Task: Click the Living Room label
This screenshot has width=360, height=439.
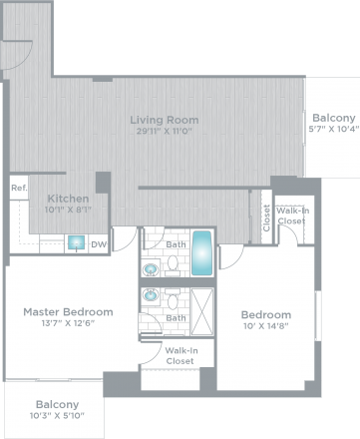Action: [164, 120]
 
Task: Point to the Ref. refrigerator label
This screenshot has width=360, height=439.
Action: [18, 188]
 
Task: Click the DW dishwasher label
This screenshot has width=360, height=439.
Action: [98, 242]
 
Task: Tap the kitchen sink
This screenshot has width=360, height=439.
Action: [76, 242]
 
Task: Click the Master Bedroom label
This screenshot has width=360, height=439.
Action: [68, 311]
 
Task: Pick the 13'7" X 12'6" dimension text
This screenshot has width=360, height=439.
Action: [68, 322]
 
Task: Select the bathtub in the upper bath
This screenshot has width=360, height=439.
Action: [201, 254]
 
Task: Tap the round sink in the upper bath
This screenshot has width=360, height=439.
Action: [152, 268]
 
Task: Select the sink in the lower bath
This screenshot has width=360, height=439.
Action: [152, 296]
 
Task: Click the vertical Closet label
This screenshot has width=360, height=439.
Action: [266, 218]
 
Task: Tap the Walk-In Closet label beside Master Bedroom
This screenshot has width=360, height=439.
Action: [180, 355]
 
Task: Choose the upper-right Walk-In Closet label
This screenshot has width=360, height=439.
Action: [292, 216]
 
